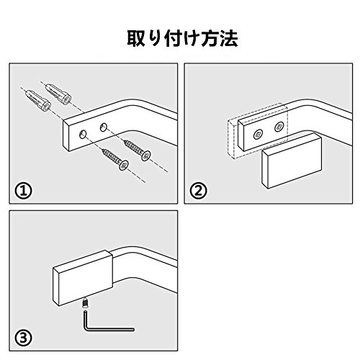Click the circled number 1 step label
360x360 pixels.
(x=23, y=191)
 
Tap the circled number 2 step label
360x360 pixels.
(x=198, y=191)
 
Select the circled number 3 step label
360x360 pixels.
(x=23, y=338)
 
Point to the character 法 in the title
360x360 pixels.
(x=229, y=38)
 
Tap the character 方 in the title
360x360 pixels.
(x=210, y=38)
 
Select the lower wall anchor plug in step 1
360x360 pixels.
(x=38, y=100)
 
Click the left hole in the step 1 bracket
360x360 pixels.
(x=83, y=135)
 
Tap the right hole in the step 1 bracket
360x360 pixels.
(x=104, y=127)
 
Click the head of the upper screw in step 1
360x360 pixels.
(x=145, y=156)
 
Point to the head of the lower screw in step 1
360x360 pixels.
(x=124, y=165)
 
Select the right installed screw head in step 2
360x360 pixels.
(x=279, y=127)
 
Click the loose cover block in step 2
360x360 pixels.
(x=292, y=161)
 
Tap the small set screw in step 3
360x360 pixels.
(x=85, y=303)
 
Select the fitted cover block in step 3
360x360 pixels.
(x=83, y=278)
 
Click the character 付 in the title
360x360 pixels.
(x=173, y=38)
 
